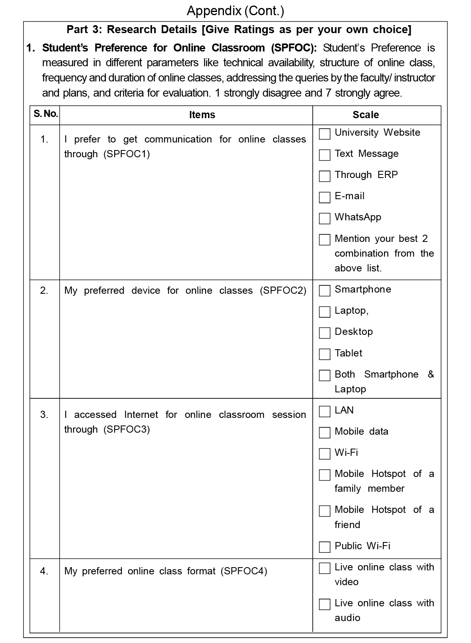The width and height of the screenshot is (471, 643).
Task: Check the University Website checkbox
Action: pos(325,134)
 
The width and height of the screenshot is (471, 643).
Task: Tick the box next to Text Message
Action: pos(325,155)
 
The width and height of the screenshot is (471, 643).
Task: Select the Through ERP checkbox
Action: pos(325,176)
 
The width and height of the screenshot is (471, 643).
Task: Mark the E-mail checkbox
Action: pos(325,197)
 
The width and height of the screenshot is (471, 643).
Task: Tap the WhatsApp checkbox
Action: pos(325,218)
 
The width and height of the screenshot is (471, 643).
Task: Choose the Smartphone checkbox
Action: pos(325,291)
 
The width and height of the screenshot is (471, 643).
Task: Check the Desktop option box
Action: pos(325,333)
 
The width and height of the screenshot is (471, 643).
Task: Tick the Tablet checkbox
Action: pos(325,354)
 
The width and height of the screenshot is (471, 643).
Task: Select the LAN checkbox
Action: pos(325,412)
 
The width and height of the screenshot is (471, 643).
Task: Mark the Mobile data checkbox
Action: pos(325,433)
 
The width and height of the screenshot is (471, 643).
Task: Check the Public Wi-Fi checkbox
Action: pos(325,547)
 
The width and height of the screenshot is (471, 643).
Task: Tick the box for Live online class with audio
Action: pos(325,604)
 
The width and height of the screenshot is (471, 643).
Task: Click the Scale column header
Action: pos(366,115)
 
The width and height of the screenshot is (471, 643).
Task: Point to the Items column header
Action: pos(202,115)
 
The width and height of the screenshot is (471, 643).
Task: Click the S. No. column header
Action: pos(46,114)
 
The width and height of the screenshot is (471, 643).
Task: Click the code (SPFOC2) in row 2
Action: pos(283,291)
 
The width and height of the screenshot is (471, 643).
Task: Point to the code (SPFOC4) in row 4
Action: pos(244,571)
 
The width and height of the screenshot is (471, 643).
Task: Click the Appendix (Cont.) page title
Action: pos(235,11)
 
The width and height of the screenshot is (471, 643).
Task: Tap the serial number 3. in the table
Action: pos(44,415)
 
